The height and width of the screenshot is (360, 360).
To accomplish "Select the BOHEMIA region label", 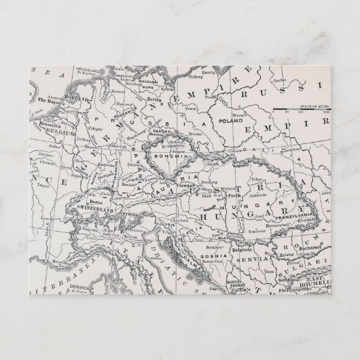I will click(174, 156).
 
